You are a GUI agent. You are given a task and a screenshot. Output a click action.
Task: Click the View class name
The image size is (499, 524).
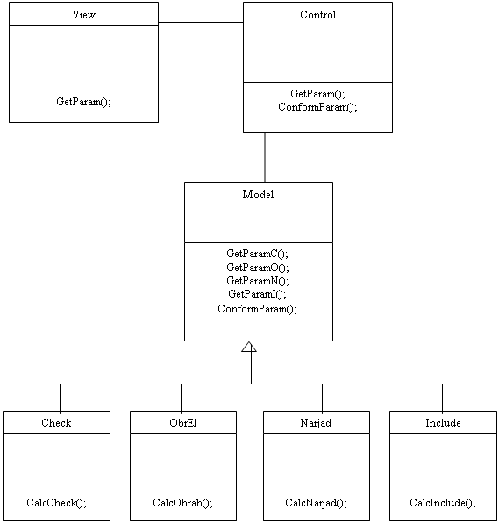tap(84, 15)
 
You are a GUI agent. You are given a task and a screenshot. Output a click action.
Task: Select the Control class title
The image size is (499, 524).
tap(318, 15)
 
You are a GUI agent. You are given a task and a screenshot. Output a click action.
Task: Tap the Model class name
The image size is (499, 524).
tap(258, 195)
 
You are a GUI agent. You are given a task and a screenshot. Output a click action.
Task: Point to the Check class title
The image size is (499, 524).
tap(56, 423)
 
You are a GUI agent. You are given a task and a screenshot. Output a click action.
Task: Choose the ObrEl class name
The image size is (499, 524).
tap(183, 423)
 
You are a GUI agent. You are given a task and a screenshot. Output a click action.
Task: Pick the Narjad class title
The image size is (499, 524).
tap(316, 423)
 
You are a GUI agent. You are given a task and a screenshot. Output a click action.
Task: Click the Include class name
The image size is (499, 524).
tap(443, 423)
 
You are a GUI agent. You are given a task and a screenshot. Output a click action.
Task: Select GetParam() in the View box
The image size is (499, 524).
tap(83, 102)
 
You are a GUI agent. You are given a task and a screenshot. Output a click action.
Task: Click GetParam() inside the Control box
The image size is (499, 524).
tap(317, 94)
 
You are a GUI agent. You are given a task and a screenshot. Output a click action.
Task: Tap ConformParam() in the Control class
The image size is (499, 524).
tap(317, 107)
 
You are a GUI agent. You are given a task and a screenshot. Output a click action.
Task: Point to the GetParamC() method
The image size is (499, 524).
tap(257, 254)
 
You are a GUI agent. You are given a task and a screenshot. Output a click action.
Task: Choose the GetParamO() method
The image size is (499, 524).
tap(258, 268)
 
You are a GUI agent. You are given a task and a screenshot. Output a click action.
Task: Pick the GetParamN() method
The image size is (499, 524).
tap(258, 281)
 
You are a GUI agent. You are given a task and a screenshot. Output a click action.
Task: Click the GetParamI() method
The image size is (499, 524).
tap(257, 294)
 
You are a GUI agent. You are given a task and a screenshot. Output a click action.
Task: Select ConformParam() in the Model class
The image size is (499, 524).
tap(257, 309)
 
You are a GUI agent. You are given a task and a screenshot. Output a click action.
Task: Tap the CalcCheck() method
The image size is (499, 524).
tap(56, 503)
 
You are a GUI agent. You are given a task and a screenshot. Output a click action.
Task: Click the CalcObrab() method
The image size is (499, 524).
tap(182, 503)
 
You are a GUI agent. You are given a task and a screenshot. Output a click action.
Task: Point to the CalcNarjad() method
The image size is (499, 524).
tap(316, 503)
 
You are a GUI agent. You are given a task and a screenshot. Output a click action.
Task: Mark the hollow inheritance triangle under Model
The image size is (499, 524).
tap(249, 347)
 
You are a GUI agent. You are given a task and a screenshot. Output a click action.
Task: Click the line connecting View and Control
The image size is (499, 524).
tap(201, 23)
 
